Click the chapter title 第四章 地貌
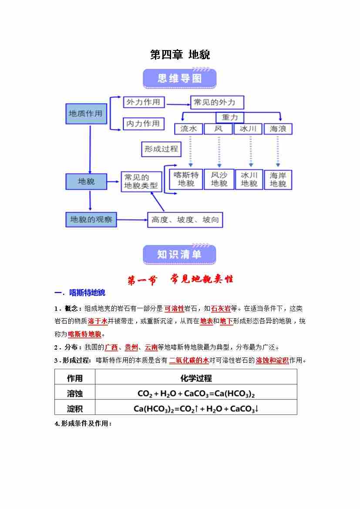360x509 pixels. coord(180,55)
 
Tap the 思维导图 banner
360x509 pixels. coord(180,78)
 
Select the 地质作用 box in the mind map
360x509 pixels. coord(86,114)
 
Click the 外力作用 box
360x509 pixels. coord(143,103)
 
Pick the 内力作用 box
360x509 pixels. coord(143,124)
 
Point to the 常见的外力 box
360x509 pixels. coord(217,103)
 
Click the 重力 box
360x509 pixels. coord(230,118)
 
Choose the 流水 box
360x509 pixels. coord(188,129)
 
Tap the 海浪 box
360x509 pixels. coord(278,129)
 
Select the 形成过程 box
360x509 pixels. coord(161,149)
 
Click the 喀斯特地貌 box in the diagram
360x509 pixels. coord(186,179)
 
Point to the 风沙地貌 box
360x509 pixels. coord(219,179)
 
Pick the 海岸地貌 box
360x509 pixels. coord(278,179)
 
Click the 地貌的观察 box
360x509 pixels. coord(91,220)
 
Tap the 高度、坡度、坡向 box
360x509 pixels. coord(185,220)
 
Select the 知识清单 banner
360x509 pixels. coord(179,255)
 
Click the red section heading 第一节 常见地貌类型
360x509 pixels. coord(180,280)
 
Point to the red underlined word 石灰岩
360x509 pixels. coord(220,309)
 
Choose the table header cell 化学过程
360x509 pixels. coord(196,378)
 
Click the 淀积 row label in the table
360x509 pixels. coord(75,408)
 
